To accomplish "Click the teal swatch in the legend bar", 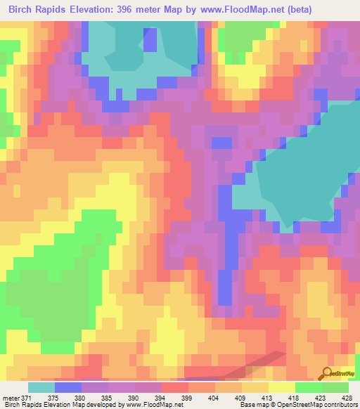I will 41,387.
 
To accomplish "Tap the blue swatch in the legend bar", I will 68,387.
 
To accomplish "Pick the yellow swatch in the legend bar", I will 282,387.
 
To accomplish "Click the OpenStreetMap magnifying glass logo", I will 326,375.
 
